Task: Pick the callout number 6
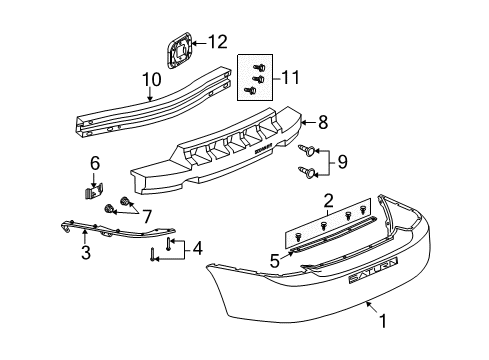click(96, 162)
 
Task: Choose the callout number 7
click(147, 214)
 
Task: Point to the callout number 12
click(216, 41)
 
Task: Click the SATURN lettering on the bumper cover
click(372, 265)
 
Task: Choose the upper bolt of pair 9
click(307, 149)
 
